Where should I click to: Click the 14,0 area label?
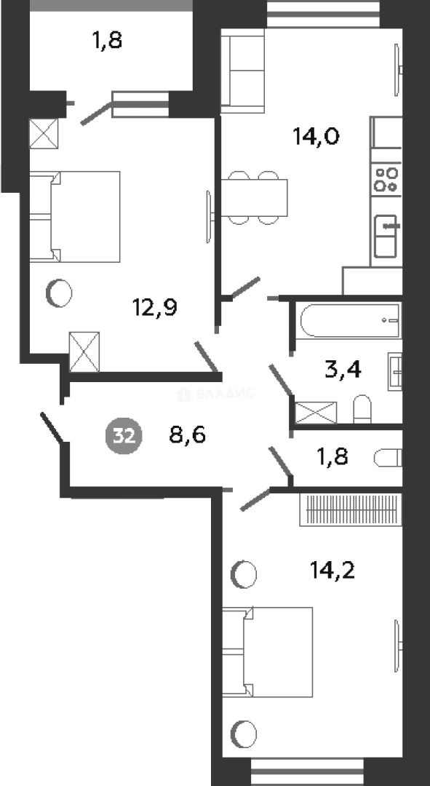pyautogui.click(x=316, y=136)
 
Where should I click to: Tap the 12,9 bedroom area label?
pyautogui.click(x=155, y=307)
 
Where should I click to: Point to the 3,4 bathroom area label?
pyautogui.click(x=344, y=371)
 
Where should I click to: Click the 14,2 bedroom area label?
pyautogui.click(x=333, y=570)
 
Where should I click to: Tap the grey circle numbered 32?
pyautogui.click(x=124, y=436)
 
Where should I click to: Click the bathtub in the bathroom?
pyautogui.click(x=350, y=320)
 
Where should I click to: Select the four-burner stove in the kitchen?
pyautogui.click(x=386, y=180)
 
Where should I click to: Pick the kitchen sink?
pyautogui.click(x=386, y=236)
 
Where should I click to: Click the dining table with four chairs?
pyautogui.click(x=255, y=197)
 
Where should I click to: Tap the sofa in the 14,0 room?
pyautogui.click(x=242, y=71)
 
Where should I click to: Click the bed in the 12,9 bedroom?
pyautogui.click(x=75, y=217)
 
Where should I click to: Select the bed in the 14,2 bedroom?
pyautogui.click(x=268, y=651)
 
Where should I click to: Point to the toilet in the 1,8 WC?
pyautogui.click(x=388, y=458)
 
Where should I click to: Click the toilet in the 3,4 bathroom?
pyautogui.click(x=362, y=409)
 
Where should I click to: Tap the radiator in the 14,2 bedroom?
pyautogui.click(x=351, y=509)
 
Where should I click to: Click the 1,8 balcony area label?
pyautogui.click(x=107, y=41)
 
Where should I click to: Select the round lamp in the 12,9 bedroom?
pyautogui.click(x=59, y=293)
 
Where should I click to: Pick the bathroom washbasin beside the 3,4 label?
pyautogui.click(x=395, y=371)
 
